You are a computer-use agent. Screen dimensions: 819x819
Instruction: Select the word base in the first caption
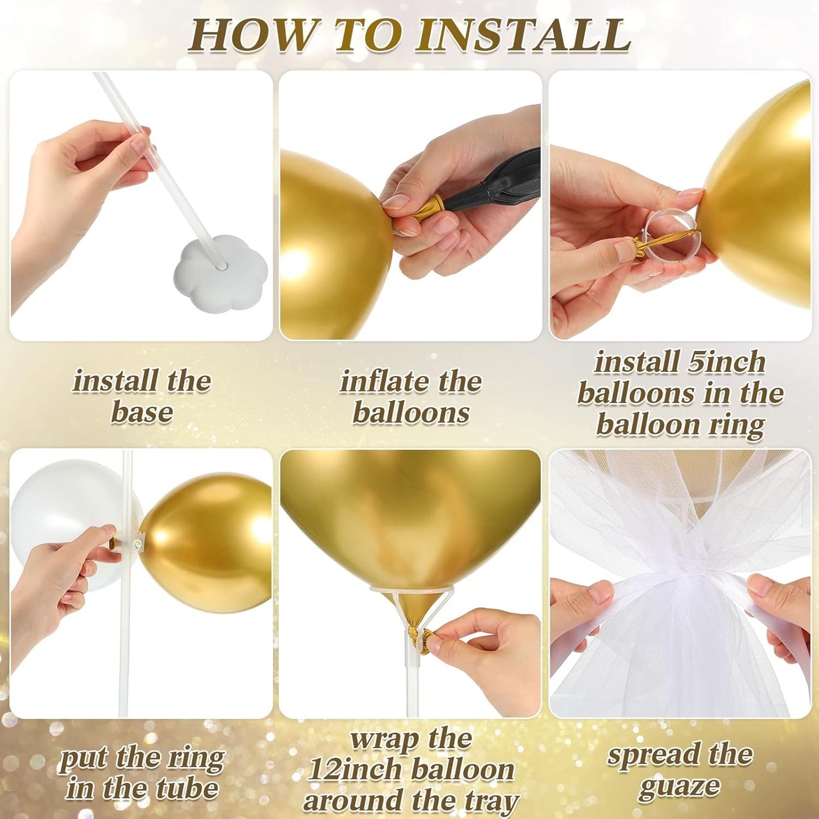142,412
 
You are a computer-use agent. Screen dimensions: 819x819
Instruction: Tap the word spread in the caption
652,756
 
